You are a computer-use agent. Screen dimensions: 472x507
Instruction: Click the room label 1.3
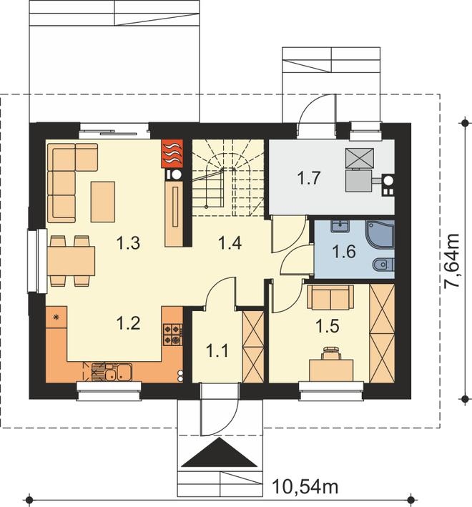coord(128,243)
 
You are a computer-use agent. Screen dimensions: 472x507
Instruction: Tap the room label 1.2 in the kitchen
coord(128,323)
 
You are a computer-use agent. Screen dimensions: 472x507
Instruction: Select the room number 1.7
coord(309,178)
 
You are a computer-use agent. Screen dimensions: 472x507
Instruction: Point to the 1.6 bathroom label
coord(344,252)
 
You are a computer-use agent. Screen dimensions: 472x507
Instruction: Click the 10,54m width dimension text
coord(305,486)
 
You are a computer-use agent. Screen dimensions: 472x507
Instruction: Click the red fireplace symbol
coord(172,154)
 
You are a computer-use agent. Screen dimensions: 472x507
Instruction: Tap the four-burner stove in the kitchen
coord(172,335)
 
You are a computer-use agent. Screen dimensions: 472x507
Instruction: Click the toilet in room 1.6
coord(383,265)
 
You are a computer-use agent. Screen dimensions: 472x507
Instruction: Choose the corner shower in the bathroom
coord(380,235)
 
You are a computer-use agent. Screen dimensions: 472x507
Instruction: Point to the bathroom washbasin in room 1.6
coord(340,226)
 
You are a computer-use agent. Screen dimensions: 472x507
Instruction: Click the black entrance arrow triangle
coord(220,453)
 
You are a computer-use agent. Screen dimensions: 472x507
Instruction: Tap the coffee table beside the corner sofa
coord(103,202)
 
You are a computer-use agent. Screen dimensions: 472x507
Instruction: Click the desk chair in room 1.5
coord(331,353)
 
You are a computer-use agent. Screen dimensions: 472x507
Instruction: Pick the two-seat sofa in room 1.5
coord(330,297)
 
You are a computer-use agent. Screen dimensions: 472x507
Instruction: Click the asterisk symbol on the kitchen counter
coord(56,318)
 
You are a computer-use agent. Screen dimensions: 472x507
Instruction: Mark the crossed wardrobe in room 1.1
coord(253,347)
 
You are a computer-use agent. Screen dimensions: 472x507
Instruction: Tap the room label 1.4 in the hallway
coord(230,243)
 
